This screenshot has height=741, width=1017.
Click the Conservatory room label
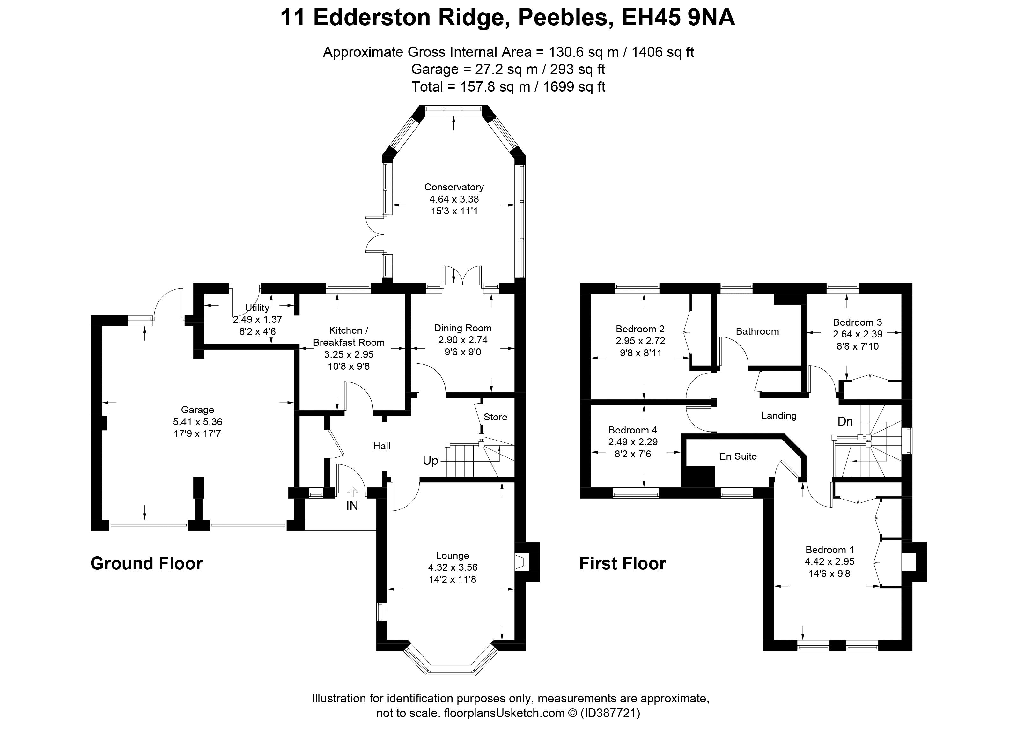click(x=454, y=187)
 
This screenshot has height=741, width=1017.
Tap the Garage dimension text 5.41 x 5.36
click(x=197, y=422)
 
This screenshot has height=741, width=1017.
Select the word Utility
click(x=257, y=308)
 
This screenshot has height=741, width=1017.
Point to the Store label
click(x=495, y=417)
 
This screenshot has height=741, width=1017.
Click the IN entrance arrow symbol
click(x=352, y=492)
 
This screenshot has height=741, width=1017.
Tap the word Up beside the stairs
click(x=430, y=461)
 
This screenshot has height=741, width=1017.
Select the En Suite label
click(x=738, y=456)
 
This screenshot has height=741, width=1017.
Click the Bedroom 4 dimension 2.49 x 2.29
click(x=633, y=442)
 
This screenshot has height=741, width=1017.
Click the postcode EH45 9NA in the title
click(x=678, y=18)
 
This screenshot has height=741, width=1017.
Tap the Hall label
click(x=382, y=446)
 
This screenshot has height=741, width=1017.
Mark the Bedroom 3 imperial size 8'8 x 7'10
click(x=857, y=346)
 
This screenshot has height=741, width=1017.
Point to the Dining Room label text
click(x=463, y=328)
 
